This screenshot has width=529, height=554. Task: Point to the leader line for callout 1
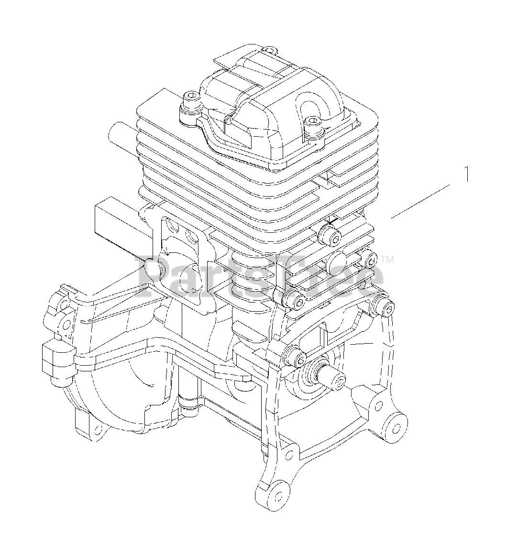(420, 201)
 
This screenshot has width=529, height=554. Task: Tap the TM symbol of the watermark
(387, 260)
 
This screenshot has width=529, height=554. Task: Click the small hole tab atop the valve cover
(269, 50)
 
